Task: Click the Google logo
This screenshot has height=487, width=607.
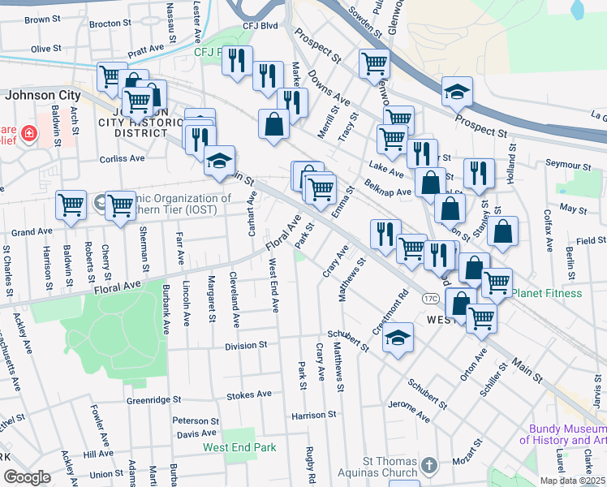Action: [28, 477]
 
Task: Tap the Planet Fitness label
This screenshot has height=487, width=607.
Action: [546, 293]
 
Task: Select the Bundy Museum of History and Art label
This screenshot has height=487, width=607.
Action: [562, 435]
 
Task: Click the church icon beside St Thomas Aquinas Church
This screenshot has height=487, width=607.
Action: [428, 466]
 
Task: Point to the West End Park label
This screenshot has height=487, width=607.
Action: [239, 447]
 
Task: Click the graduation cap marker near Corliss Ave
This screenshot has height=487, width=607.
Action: [219, 161]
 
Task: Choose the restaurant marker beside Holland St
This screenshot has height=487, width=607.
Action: [479, 171]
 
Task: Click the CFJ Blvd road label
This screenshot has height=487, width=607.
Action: [260, 26]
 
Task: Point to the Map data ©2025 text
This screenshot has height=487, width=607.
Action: [573, 481]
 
